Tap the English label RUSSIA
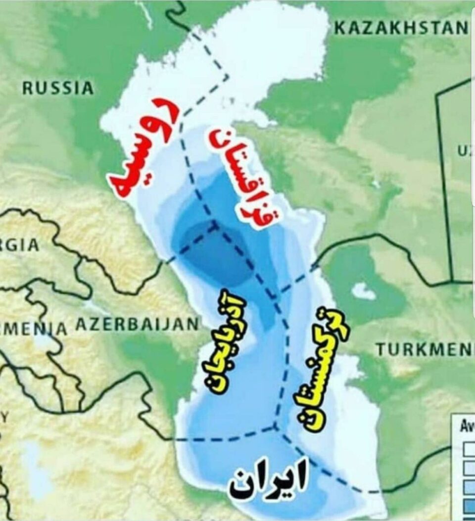click(58, 88)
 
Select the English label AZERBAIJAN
click(138, 325)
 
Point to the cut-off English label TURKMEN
click(424, 350)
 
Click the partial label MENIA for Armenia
click(33, 328)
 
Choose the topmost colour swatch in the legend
click(468, 450)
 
